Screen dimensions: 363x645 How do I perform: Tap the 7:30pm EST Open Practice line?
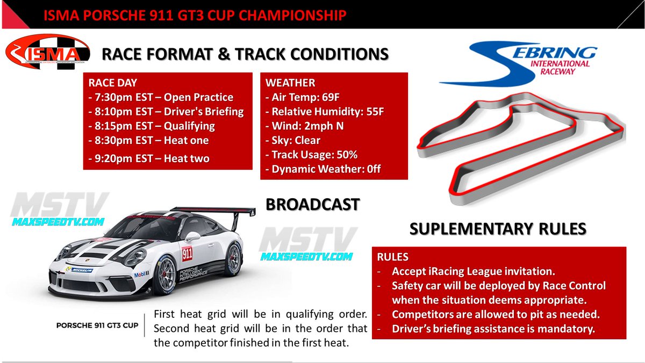pyautogui.click(x=161, y=98)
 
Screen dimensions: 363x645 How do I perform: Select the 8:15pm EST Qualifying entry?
pyautogui.click(x=151, y=127)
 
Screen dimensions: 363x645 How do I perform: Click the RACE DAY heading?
pyautogui.click(x=112, y=83)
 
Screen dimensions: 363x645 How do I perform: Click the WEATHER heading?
pyautogui.click(x=290, y=83)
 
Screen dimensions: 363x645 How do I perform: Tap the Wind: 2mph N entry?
pyautogui.click(x=304, y=126)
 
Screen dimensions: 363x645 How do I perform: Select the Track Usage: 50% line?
pyautogui.click(x=312, y=155)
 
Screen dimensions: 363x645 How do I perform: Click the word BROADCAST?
pyautogui.click(x=313, y=205)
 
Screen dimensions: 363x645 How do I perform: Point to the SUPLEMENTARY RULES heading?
pyautogui.click(x=498, y=229)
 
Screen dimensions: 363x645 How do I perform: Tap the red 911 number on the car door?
pyautogui.click(x=187, y=252)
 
